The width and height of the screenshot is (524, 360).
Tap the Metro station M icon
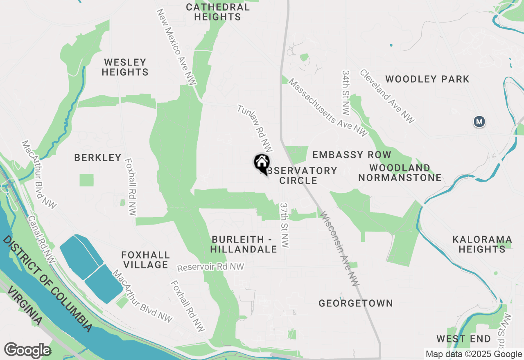click(479, 122)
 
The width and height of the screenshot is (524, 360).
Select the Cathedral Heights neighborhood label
click(217, 12)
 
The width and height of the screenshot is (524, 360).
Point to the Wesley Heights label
click(125, 67)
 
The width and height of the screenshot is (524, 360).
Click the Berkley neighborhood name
click(98, 157)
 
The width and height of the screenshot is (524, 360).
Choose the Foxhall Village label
click(146, 260)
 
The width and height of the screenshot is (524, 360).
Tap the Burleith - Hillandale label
click(244, 244)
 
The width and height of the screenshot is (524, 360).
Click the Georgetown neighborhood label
click(356, 303)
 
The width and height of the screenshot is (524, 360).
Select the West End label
click(463, 339)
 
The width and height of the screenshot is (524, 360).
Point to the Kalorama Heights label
click(482, 244)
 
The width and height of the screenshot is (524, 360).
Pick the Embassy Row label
click(352, 155)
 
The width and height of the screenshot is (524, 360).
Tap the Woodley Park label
click(427, 79)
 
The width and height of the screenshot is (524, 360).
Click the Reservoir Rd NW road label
click(211, 267)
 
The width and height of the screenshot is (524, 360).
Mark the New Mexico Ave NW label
click(176, 47)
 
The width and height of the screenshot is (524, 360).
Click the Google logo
click(28, 350)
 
